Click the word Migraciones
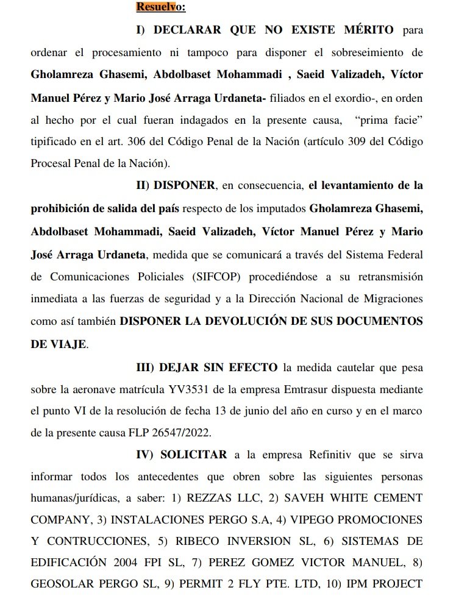click(x=393, y=299)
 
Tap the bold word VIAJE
click(x=66, y=344)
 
